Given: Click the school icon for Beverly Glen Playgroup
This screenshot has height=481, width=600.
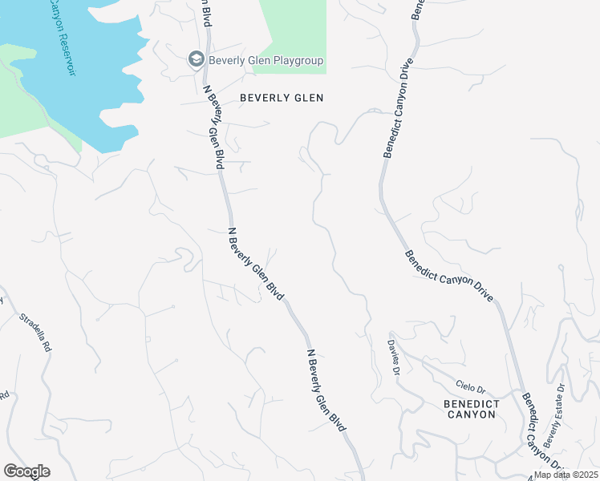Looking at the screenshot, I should pos(196,59).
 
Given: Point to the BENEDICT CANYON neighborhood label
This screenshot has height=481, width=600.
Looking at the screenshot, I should pos(472,409).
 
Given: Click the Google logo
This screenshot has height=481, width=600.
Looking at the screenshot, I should pos(26,471).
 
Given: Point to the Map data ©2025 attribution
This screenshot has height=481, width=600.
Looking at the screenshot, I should pos(567,475).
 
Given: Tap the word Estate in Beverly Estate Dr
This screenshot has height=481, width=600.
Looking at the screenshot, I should pos(554,425).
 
